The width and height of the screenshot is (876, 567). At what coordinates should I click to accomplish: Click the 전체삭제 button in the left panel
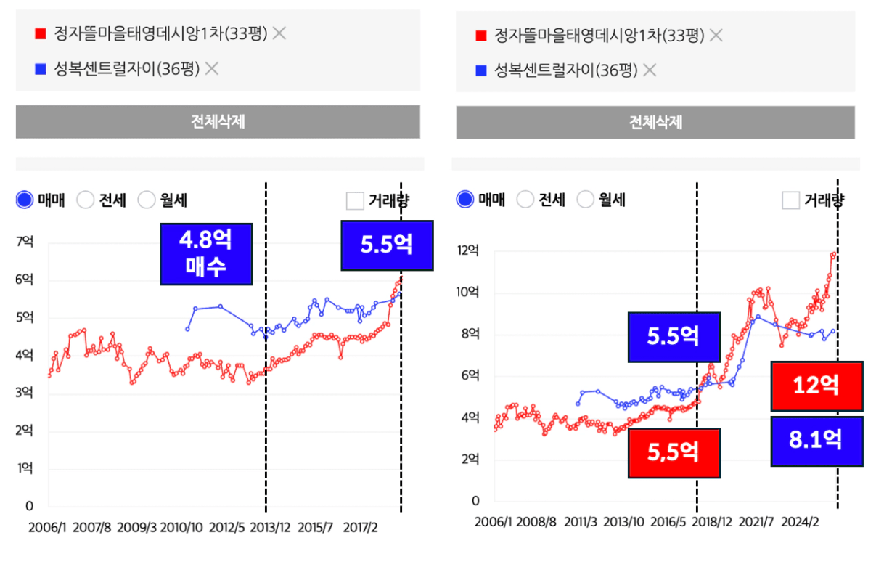tap(218, 121)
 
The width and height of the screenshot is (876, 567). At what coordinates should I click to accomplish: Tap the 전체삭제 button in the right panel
tap(655, 122)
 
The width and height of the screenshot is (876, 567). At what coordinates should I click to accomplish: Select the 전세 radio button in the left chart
tap(86, 200)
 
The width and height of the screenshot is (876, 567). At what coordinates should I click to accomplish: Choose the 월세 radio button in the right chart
tap(585, 199)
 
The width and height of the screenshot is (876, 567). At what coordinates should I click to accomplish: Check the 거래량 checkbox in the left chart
tap(355, 200)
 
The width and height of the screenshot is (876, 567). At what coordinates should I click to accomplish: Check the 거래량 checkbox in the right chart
tap(790, 200)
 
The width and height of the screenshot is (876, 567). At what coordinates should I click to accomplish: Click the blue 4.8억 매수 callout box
tap(206, 253)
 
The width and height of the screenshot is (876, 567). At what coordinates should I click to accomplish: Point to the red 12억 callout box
tap(816, 386)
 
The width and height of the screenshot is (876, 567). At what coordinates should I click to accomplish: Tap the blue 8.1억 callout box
tap(816, 441)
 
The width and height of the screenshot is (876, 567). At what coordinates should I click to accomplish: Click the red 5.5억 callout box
tap(674, 452)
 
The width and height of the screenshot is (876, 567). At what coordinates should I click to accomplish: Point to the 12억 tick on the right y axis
tap(468, 250)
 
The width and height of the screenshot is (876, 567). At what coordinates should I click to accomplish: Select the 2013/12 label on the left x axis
tap(270, 526)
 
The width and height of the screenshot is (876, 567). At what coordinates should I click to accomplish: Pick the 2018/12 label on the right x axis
tap(713, 521)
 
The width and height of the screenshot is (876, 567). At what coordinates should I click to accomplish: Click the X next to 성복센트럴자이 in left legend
tap(212, 69)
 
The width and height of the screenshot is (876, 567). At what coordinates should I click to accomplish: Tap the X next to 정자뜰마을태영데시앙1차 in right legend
tap(716, 35)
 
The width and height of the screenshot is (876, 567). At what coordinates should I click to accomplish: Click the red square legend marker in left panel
tap(41, 33)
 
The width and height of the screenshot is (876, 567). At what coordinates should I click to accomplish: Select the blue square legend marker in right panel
tap(480, 70)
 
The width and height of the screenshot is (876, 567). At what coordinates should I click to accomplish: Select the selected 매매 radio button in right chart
tap(466, 199)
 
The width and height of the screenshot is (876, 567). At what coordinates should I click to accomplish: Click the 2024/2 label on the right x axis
tap(802, 521)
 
